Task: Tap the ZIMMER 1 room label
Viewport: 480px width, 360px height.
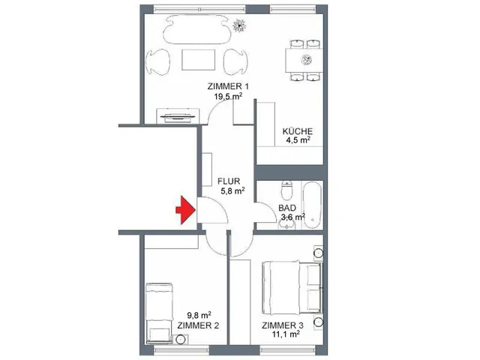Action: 228,87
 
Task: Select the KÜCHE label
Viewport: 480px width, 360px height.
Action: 297,132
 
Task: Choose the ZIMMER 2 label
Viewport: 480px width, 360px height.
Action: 199,325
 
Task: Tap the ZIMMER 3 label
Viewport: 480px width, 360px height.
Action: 283,325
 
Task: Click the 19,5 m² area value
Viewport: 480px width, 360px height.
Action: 228,97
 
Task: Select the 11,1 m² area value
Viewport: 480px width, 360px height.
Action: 286,334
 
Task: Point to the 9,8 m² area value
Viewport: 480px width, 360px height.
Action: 199,315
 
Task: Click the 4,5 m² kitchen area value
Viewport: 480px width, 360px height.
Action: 297,142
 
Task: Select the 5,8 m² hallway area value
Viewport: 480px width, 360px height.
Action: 232,191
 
